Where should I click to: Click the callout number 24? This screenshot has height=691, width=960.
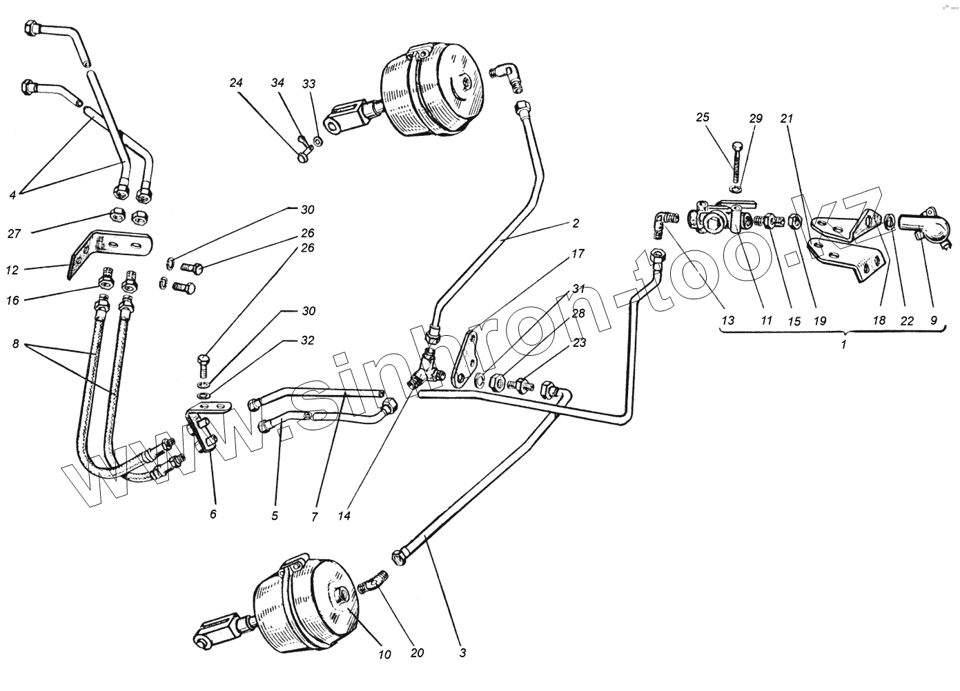pyautogui.click(x=237, y=83)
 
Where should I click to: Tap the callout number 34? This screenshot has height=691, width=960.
pyautogui.click(x=277, y=83)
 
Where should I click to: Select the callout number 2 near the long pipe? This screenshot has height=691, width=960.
pyautogui.click(x=576, y=223)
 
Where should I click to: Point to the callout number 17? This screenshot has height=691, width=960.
pyautogui.click(x=577, y=254)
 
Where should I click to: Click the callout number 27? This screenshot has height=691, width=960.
pyautogui.click(x=14, y=233)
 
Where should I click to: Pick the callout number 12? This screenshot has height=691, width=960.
pyautogui.click(x=12, y=270)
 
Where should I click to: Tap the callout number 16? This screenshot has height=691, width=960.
pyautogui.click(x=13, y=301)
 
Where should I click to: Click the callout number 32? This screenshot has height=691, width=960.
pyautogui.click(x=307, y=341)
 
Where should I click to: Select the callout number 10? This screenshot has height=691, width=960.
pyautogui.click(x=384, y=654)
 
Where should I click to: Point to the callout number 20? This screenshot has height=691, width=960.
pyautogui.click(x=417, y=652)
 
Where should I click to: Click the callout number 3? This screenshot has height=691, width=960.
pyautogui.click(x=462, y=652)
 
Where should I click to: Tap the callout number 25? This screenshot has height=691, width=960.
pyautogui.click(x=703, y=117)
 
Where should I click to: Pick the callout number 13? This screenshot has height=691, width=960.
pyautogui.click(x=727, y=321)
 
